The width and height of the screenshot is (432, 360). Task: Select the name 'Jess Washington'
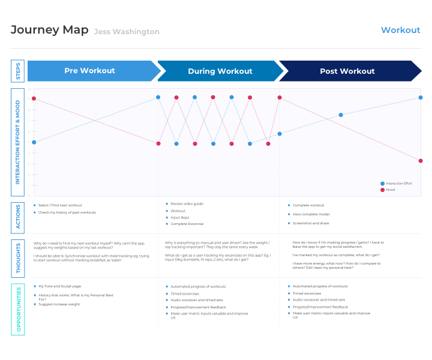coord(127,32)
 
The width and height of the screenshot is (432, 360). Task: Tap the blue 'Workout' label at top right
coord(400,30)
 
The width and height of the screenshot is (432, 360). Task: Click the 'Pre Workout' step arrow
coord(90,71)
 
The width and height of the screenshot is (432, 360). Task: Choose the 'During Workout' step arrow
coord(220,71)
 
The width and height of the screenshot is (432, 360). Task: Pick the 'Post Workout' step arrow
coord(347,71)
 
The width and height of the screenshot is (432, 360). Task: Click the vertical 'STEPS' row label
coord(17,71)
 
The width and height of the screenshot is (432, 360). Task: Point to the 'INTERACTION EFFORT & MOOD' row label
coord(17,142)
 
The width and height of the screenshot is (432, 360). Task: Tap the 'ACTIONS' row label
coord(17,217)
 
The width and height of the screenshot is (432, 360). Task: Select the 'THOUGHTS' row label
coord(17,258)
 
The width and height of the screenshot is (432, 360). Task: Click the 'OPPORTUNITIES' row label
coord(17,309)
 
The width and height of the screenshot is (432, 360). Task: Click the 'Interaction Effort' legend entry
coord(398,184)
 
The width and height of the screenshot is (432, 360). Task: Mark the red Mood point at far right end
coord(421,161)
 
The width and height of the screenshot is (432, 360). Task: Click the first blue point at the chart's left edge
coord(34,142)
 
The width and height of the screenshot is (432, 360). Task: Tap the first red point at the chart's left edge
coord(34,98)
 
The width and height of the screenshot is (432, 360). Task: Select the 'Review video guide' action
coord(187,204)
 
